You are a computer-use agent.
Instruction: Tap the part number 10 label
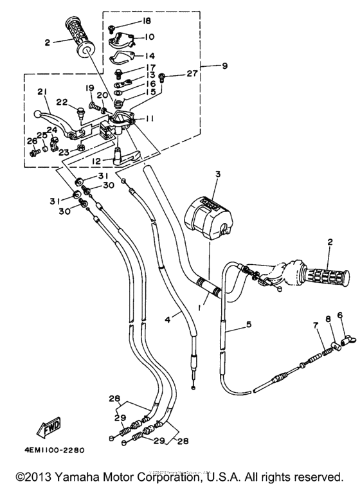(149, 37)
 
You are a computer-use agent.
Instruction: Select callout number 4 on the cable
(167, 318)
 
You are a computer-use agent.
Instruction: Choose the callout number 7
(316, 327)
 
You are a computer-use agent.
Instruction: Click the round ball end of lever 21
(37, 114)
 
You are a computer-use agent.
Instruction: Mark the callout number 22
(62, 102)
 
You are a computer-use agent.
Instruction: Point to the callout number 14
(148, 55)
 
